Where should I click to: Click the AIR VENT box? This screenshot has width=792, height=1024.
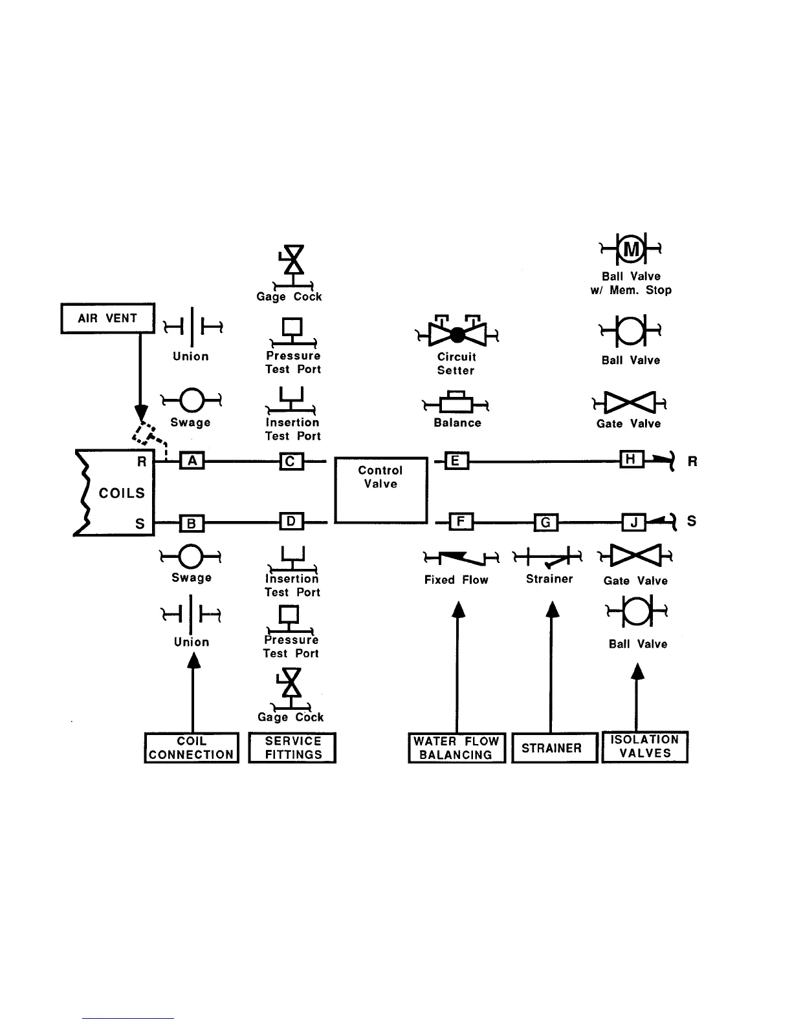pos(108,318)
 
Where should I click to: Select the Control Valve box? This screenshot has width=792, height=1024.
pos(381,490)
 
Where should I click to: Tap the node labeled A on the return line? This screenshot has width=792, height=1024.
pos(192,461)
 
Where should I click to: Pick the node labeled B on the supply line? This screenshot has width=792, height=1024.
pos(191,523)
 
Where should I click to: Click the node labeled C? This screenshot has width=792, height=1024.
pos(291,461)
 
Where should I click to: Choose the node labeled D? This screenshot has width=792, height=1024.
pos(291,521)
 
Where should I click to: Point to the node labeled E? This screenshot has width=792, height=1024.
pos(456,461)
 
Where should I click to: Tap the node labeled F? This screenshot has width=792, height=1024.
pos(461,521)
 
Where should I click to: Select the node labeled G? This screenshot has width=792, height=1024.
pos(545,522)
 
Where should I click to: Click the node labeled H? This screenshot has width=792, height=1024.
pos(631,460)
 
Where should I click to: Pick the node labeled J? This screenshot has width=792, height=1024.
pos(633,522)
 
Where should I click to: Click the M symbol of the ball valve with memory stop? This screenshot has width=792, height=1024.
pos(631,248)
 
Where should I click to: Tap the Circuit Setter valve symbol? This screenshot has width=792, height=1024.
pos(457,334)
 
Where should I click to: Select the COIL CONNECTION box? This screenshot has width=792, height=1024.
pos(192,748)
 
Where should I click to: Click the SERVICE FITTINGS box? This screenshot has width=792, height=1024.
pos(292,748)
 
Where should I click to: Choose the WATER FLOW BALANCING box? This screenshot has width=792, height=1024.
pos(456,748)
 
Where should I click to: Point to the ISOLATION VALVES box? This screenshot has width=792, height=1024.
pos(644,747)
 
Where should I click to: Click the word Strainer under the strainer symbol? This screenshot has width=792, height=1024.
pos(549,579)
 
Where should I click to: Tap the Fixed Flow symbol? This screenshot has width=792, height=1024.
pos(461,556)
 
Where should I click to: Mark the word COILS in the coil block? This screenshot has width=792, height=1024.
pos(122,493)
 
